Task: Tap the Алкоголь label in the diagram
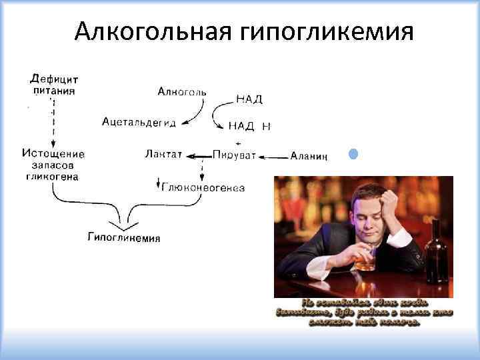click(182, 91)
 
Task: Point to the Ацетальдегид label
click(139, 121)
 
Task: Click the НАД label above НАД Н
click(249, 99)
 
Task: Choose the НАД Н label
click(249, 126)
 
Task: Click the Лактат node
click(163, 155)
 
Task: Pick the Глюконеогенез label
click(203, 188)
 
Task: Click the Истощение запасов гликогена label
click(53, 165)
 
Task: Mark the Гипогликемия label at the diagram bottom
click(124, 238)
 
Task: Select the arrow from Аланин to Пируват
click(273, 157)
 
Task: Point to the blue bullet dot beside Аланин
click(353, 155)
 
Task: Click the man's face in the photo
click(371, 210)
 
